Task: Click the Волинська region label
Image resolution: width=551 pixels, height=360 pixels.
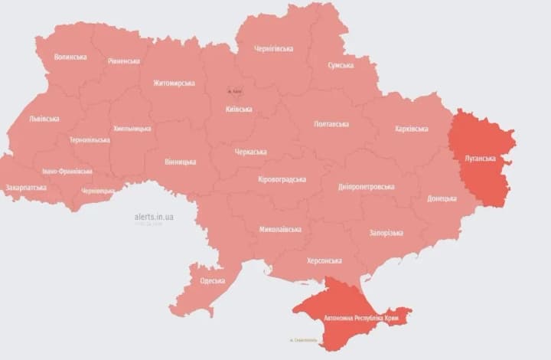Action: click(x=70, y=57)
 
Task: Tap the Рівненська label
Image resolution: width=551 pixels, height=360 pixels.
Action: click(x=124, y=61)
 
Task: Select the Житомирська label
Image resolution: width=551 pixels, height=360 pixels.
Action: click(x=174, y=83)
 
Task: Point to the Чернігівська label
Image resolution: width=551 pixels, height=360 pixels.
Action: click(x=274, y=49)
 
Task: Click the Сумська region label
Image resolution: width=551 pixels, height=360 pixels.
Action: click(x=341, y=66)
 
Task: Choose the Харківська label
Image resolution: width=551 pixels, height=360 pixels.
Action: click(x=411, y=129)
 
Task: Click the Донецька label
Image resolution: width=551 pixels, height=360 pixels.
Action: click(x=442, y=198)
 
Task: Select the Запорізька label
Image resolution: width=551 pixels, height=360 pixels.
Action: click(x=386, y=233)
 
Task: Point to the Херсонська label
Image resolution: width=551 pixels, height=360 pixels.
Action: click(x=324, y=261)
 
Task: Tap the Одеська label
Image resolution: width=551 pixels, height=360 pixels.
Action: click(x=212, y=280)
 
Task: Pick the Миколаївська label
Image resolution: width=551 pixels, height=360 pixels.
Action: click(x=280, y=230)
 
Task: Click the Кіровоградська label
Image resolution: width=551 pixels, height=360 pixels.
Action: click(x=282, y=179)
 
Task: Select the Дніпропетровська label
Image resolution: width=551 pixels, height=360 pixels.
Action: click(x=367, y=187)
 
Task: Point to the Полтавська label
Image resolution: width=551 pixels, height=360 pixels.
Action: click(x=331, y=124)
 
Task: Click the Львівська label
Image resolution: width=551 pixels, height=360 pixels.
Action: click(x=44, y=119)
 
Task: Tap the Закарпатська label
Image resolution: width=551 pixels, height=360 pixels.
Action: click(x=26, y=188)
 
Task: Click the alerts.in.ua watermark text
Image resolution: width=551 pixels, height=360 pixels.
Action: click(x=154, y=218)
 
